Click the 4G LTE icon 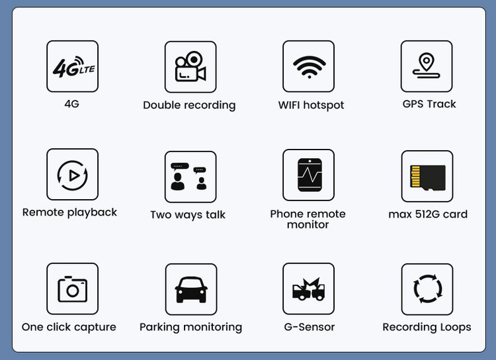point(74,67)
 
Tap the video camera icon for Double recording point(190,66)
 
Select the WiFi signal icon point(309,67)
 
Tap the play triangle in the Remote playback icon point(74,175)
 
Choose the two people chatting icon point(189,176)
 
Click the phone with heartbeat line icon point(310,175)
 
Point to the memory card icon point(428,177)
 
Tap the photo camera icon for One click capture point(73,289)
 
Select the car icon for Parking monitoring point(191,289)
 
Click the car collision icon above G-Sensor point(308,289)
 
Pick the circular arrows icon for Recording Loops point(428,289)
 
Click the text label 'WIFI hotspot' point(311,105)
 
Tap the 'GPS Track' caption point(429,104)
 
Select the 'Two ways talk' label point(188,214)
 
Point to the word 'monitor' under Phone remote point(308,224)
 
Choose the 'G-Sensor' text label point(310,327)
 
